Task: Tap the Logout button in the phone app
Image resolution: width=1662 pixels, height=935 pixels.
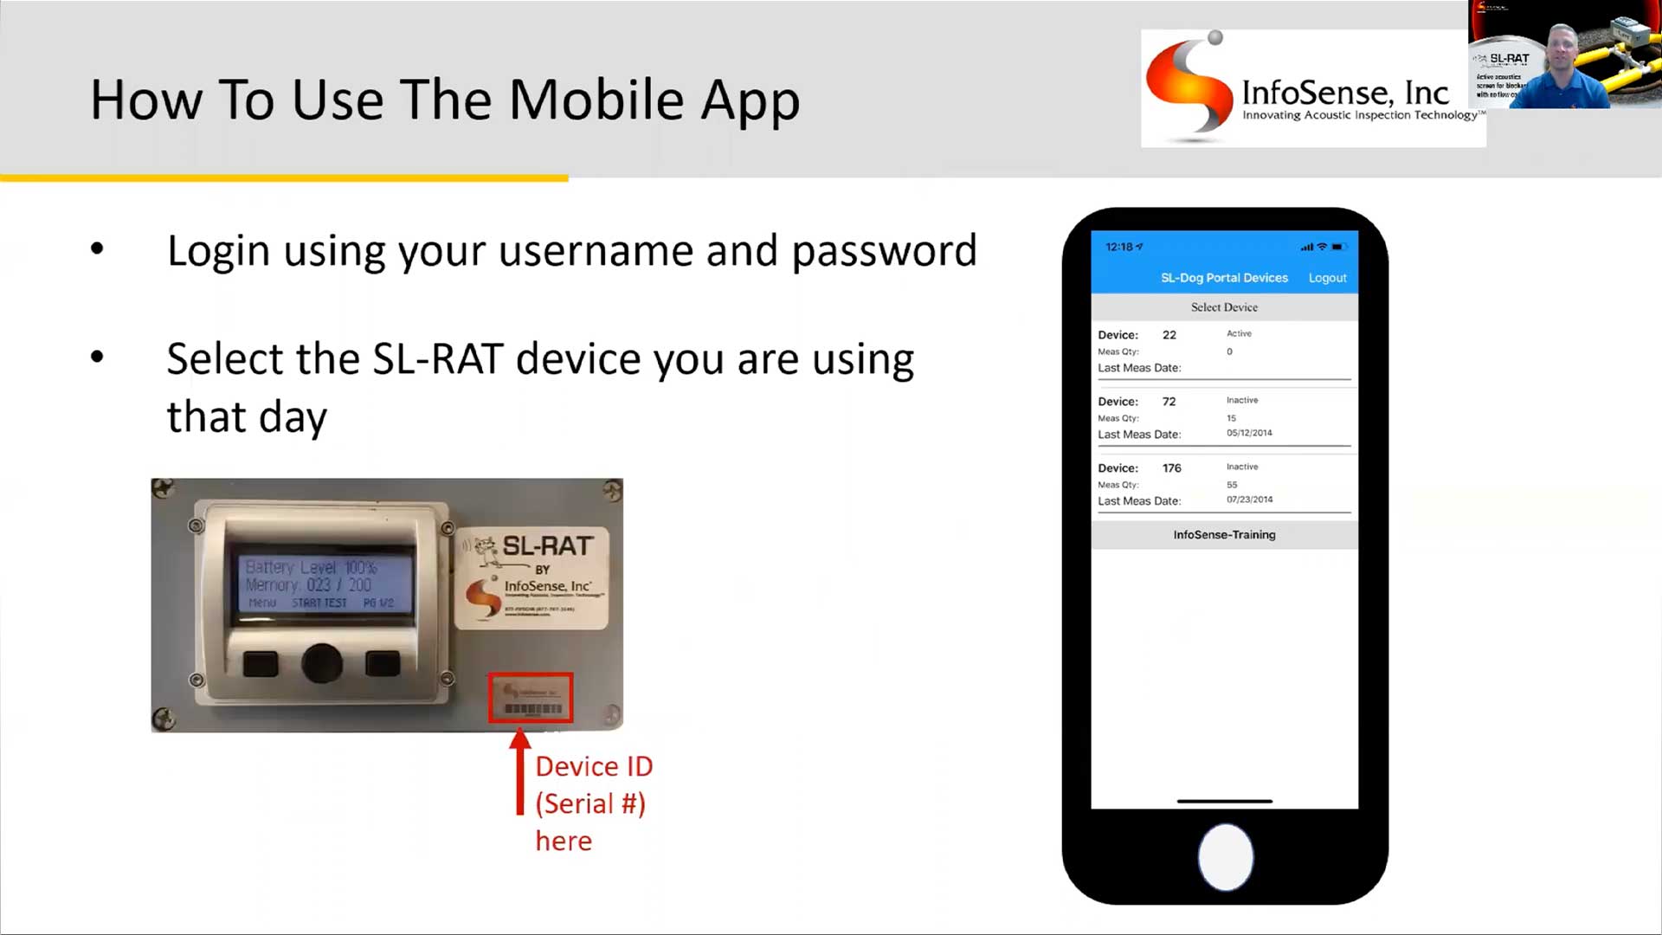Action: click(1327, 278)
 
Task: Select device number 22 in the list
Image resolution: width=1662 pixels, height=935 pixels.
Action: click(1169, 335)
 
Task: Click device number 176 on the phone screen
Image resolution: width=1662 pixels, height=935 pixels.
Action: click(1171, 468)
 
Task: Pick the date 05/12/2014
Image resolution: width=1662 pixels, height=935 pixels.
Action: click(1249, 433)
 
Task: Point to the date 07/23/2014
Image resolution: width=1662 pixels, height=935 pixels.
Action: click(1249, 500)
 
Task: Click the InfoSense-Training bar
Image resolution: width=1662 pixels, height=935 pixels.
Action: click(1224, 535)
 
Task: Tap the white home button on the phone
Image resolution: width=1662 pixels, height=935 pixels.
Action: click(1225, 857)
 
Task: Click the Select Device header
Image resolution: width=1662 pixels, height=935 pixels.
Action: click(1224, 307)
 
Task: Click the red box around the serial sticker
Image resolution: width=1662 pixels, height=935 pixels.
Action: click(531, 698)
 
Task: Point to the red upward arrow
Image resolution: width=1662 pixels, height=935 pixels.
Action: click(519, 771)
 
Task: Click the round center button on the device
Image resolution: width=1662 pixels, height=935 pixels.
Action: click(322, 663)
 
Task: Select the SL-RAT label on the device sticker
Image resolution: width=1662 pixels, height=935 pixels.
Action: click(547, 546)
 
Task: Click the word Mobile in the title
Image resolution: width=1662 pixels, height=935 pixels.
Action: click(596, 100)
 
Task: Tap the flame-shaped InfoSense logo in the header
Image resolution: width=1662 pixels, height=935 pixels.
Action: click(1189, 87)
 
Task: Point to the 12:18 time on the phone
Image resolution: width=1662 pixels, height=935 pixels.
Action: click(1119, 247)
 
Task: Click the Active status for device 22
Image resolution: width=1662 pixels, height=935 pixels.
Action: click(1239, 333)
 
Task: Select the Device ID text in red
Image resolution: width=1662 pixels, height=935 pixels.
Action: click(594, 767)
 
